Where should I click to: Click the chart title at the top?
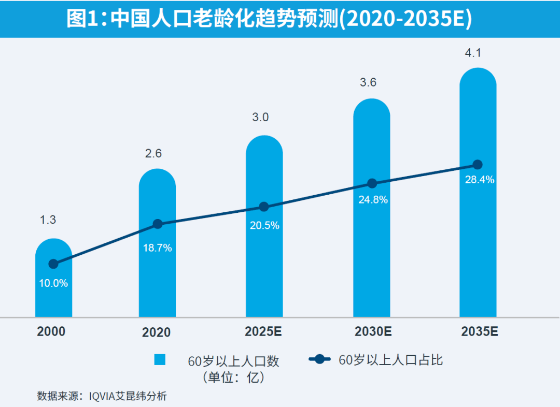coord(269,19)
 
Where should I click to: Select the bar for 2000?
coord(53,295)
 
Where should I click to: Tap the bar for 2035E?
coord(478,233)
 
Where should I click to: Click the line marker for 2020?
coord(158,224)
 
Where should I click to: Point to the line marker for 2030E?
coord(372,183)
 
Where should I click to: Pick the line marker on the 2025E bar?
coord(264,207)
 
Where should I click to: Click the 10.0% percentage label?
coord(53,283)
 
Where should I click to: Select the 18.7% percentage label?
coord(158,248)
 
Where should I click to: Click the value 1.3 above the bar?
coord(48,220)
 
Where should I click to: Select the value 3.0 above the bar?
coord(260,117)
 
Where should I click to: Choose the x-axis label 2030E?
coord(372,331)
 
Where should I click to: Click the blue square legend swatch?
coord(160,360)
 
